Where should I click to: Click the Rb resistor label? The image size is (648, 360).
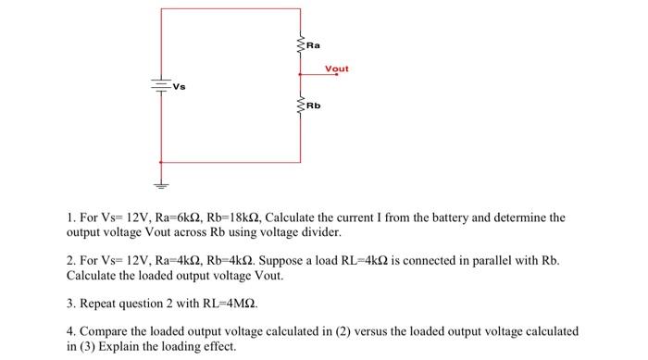pyautogui.click(x=313, y=106)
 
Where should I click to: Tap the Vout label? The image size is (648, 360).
pyautogui.click(x=337, y=68)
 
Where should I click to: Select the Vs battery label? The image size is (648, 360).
pyautogui.click(x=180, y=86)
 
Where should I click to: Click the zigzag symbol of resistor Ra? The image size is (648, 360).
pyautogui.click(x=300, y=44)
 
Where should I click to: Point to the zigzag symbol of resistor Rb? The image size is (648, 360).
pyautogui.click(x=300, y=106)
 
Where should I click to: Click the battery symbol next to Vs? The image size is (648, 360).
pyautogui.click(x=161, y=85)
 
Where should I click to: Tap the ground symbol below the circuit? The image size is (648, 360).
pyautogui.click(x=161, y=182)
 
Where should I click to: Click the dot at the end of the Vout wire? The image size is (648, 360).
pyautogui.click(x=337, y=75)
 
